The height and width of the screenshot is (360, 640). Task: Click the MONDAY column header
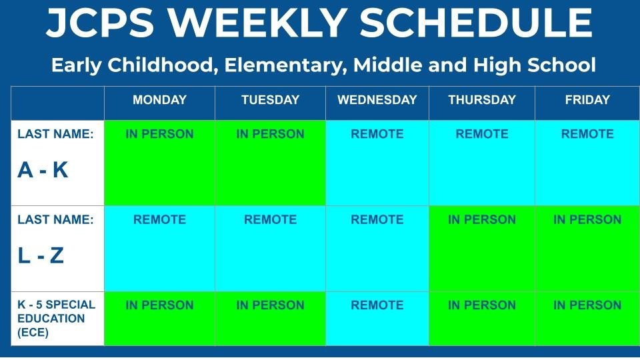(x=159, y=100)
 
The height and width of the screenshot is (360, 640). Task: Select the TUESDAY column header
(x=270, y=100)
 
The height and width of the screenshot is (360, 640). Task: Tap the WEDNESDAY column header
(x=377, y=100)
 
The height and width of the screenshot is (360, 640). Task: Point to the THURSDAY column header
(x=481, y=100)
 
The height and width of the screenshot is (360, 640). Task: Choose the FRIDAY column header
(x=587, y=100)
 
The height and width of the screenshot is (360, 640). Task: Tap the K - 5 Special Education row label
(x=57, y=318)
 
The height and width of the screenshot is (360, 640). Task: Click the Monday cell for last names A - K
(x=159, y=163)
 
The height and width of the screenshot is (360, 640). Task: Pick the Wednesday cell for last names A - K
(x=377, y=163)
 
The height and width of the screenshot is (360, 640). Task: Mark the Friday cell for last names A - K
(x=587, y=163)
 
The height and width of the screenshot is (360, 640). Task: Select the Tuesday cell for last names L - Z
(x=270, y=248)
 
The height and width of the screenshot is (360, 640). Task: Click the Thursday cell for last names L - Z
(x=481, y=248)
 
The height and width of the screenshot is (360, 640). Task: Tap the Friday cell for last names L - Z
(x=587, y=248)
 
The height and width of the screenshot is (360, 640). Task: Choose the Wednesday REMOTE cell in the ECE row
(x=377, y=318)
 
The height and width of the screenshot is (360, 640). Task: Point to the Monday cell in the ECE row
(x=159, y=318)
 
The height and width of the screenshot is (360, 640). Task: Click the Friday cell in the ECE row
(x=587, y=318)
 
